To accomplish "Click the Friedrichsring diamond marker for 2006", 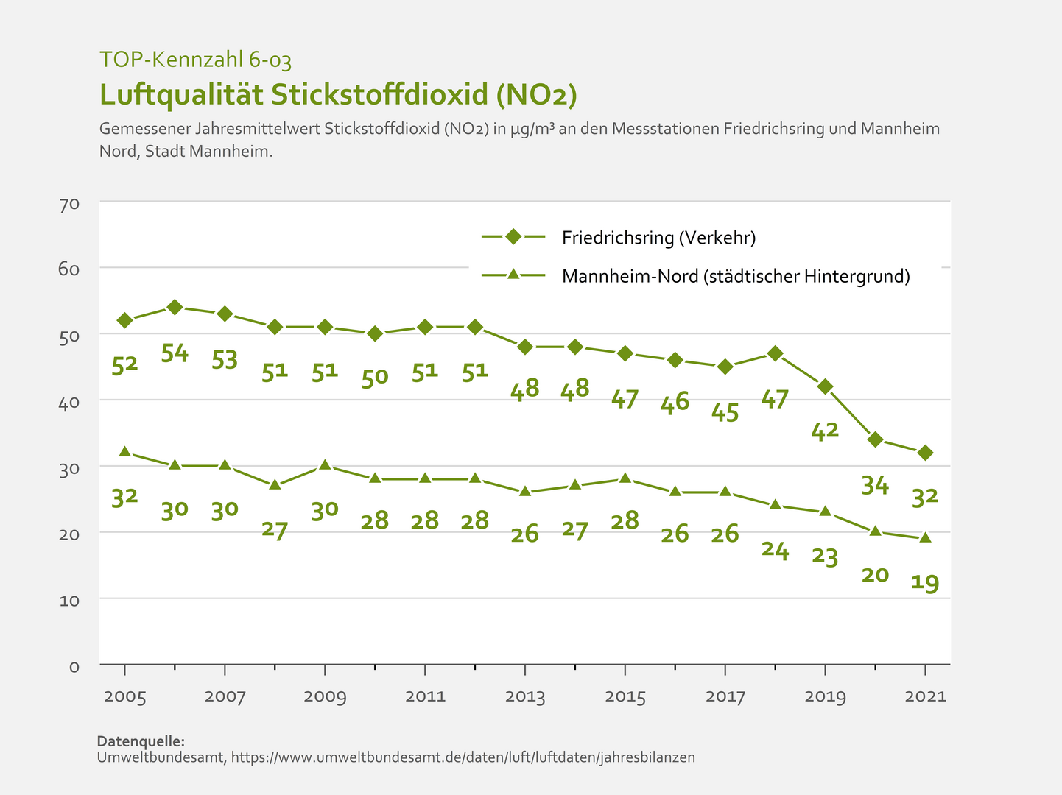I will click(175, 307).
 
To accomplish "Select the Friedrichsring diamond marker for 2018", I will click(775, 353).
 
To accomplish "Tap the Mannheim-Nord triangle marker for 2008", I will click(275, 485).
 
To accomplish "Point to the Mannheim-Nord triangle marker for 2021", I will click(925, 537).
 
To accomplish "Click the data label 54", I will click(175, 354).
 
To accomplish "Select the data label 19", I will click(925, 584).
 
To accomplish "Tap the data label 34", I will click(875, 486).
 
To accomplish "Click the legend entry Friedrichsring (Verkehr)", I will click(658, 238).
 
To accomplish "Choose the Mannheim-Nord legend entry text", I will click(736, 277).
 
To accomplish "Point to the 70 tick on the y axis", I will click(69, 204).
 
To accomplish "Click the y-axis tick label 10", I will click(69, 601).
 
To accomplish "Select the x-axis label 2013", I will click(525, 697).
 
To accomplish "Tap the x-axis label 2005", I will click(124, 697).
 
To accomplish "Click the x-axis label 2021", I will click(925, 697).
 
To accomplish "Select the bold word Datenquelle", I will click(141, 741).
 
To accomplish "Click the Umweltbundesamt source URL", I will click(463, 757).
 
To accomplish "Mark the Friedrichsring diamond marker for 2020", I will click(875, 439).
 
